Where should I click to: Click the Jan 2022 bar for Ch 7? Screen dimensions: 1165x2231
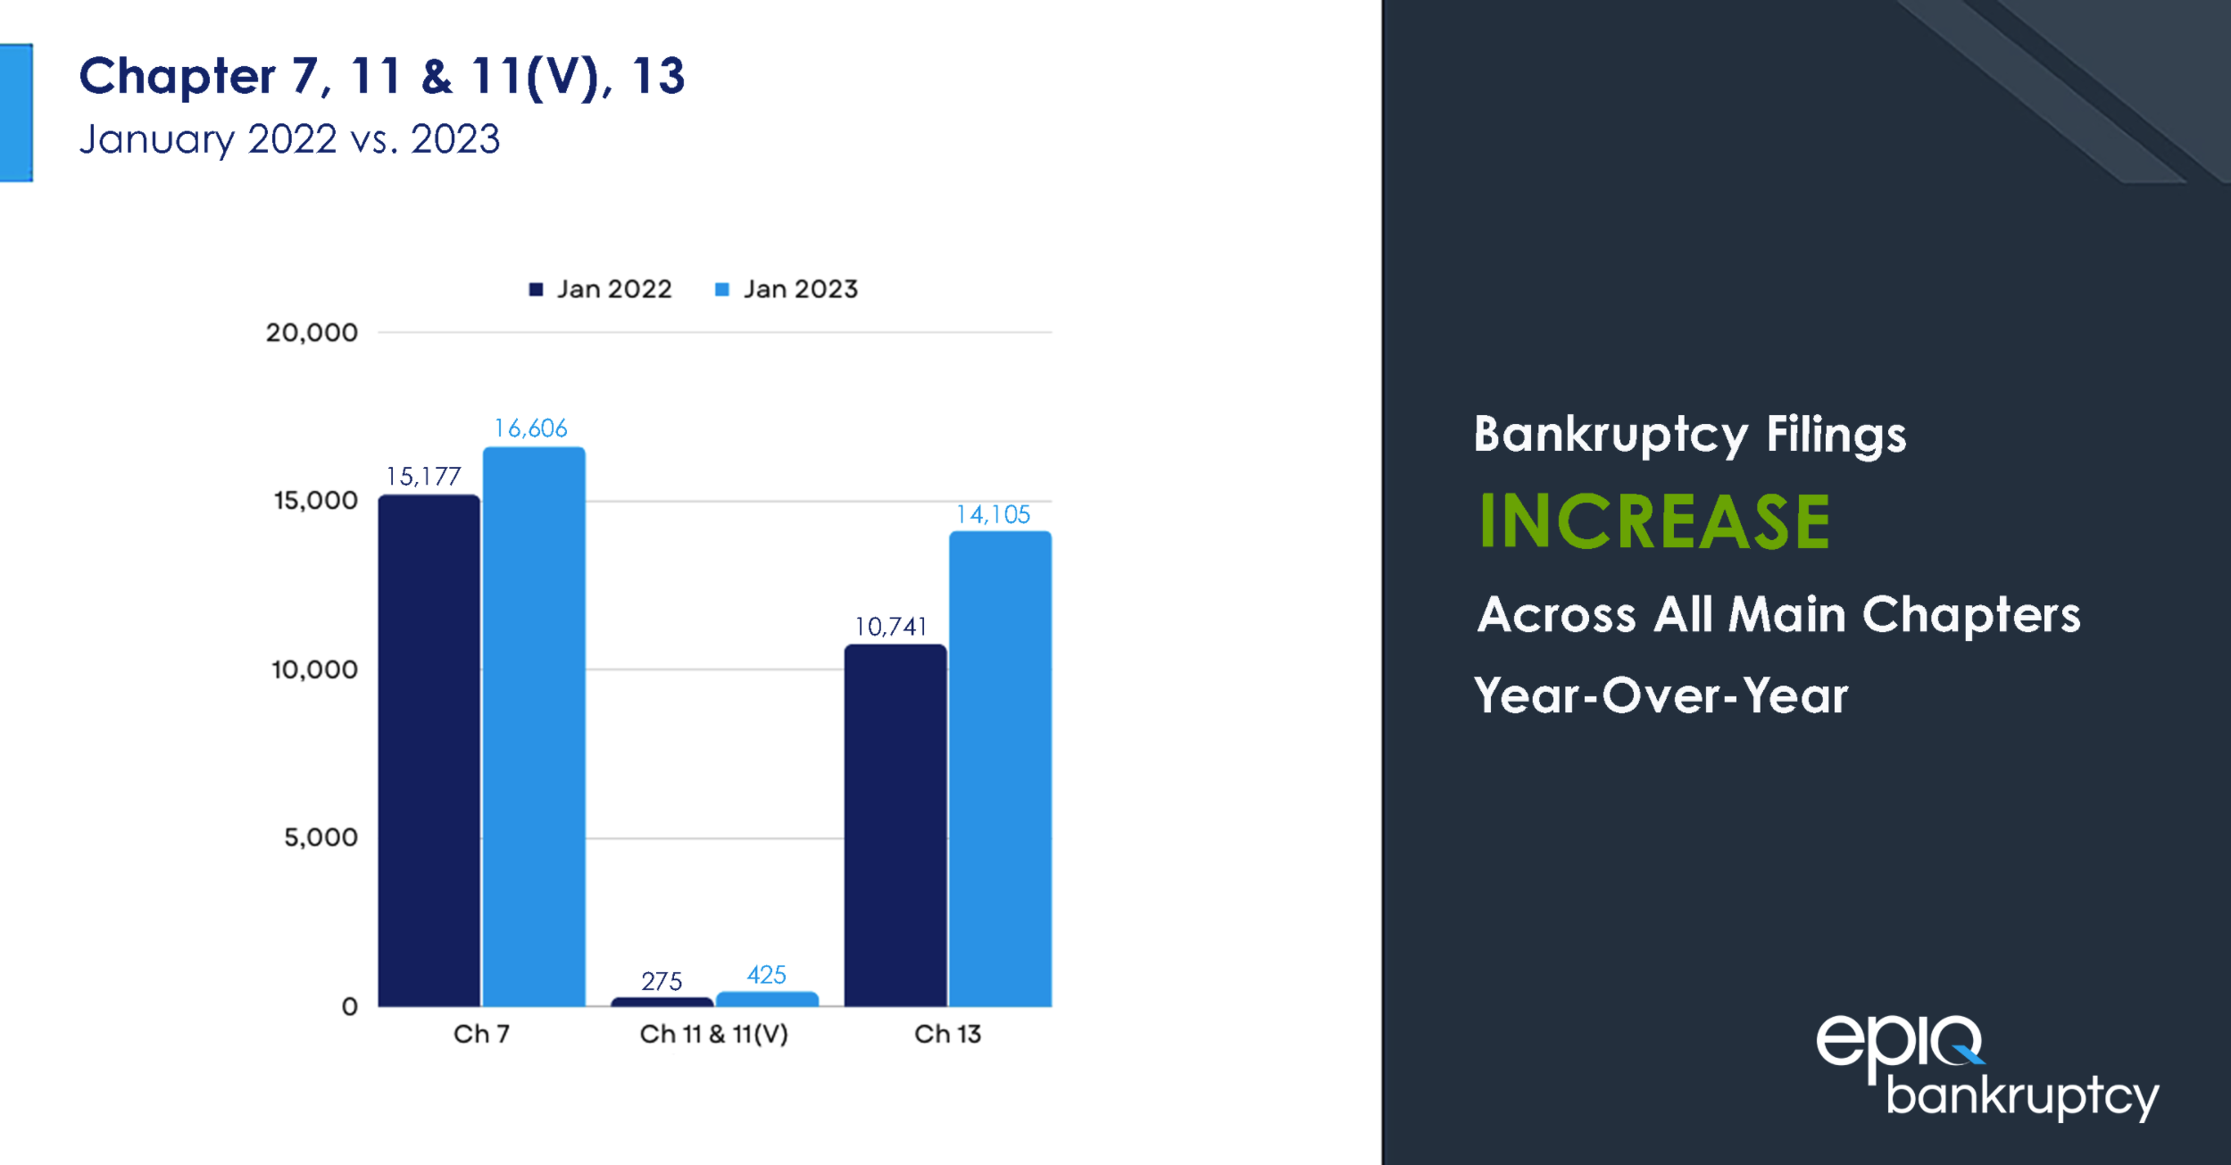coord(429,750)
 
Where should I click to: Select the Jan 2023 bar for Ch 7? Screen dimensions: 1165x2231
coord(534,727)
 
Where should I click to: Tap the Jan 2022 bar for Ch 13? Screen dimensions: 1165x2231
coord(895,825)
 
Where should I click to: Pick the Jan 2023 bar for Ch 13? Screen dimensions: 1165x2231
coord(1000,769)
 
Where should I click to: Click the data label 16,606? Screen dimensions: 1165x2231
coord(531,429)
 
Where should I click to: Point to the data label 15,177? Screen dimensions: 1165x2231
coord(423,477)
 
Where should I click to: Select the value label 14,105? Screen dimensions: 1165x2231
coord(993,515)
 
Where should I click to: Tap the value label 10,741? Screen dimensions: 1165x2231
coord(891,627)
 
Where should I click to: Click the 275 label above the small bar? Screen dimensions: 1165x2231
coord(662,981)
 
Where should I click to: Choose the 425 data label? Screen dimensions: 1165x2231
coord(766,975)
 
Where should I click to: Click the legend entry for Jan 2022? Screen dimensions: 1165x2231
coord(601,289)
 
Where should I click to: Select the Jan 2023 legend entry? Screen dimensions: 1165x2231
coord(787,289)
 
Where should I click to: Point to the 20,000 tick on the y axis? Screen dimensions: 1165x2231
coord(312,333)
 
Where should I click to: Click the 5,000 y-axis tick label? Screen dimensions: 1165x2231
coord(320,837)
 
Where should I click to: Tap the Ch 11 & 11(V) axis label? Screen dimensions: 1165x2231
coord(714,1034)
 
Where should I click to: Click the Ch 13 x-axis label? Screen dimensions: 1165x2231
coord(947,1034)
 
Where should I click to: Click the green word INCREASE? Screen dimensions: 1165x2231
coord(1654,521)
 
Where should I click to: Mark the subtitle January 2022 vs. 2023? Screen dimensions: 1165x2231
coord(289,139)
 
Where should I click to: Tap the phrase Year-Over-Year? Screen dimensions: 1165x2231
coord(1661,695)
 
